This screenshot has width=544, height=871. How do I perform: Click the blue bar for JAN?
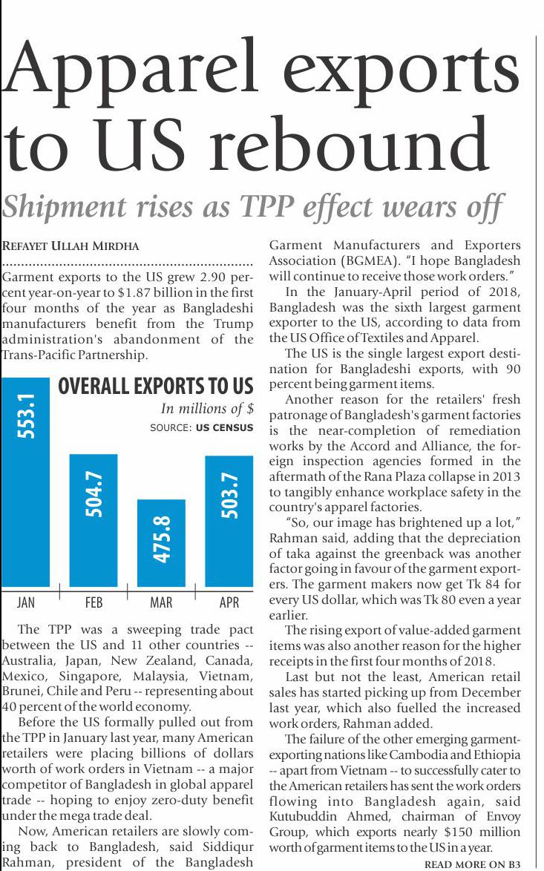tap(26, 482)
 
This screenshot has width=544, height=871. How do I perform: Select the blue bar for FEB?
tap(94, 519)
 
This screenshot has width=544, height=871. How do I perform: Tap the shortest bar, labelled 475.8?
tap(162, 543)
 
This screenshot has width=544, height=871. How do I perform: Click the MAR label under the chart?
tap(161, 602)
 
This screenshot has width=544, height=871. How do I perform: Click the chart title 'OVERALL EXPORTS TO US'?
tap(155, 387)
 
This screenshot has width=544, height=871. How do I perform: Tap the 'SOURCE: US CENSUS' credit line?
tap(201, 428)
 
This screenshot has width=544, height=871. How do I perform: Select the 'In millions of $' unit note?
tap(207, 409)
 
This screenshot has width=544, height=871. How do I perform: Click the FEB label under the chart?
tap(94, 602)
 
